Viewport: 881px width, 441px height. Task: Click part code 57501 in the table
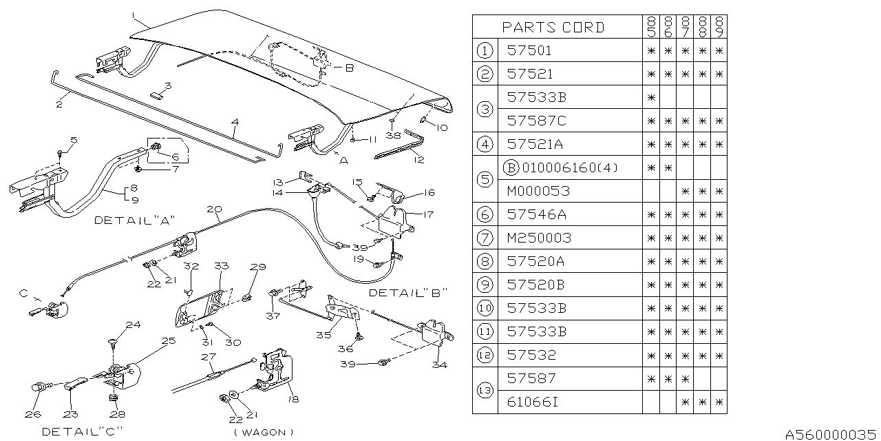coord(529,50)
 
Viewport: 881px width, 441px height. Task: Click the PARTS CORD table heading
coord(553,28)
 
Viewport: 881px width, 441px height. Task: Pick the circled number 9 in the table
coord(485,285)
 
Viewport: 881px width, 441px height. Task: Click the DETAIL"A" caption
coord(135,220)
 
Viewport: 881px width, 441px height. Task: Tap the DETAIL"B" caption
coord(409,292)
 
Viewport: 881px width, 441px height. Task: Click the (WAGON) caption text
coord(263,432)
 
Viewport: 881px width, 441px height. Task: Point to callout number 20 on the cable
coord(213,209)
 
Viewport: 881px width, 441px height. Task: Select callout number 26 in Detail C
coord(33,414)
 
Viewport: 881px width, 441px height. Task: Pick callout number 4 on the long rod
coord(235,123)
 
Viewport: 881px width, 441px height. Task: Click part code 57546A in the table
coord(537,214)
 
